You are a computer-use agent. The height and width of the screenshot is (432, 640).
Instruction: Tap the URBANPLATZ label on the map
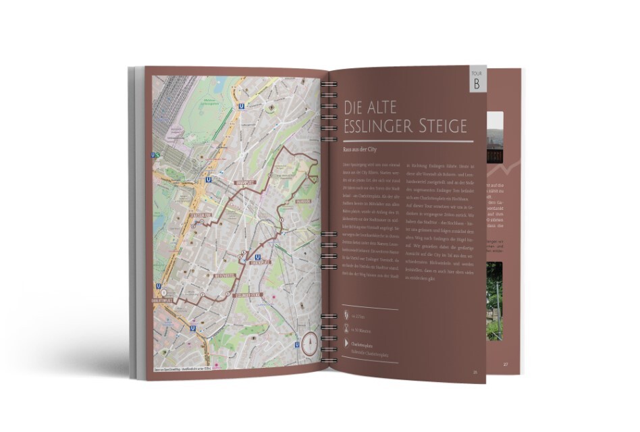pyautogui.click(x=244, y=183)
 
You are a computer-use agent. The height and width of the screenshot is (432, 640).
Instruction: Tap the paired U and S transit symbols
pyautogui.click(x=156, y=155)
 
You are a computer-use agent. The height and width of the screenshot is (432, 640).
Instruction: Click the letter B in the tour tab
pyautogui.click(x=477, y=85)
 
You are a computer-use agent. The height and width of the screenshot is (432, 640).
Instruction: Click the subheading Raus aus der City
pyautogui.click(x=360, y=155)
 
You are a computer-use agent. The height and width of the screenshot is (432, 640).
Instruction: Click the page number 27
pyautogui.click(x=506, y=364)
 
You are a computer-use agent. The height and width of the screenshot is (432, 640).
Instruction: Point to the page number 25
pyautogui.click(x=475, y=372)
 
